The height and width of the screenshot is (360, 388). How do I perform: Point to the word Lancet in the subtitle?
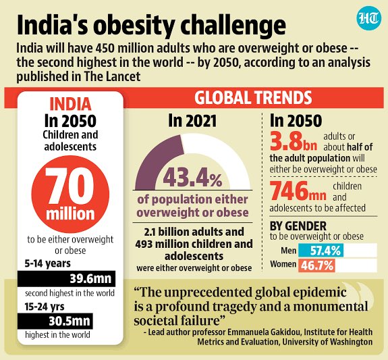126,75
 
